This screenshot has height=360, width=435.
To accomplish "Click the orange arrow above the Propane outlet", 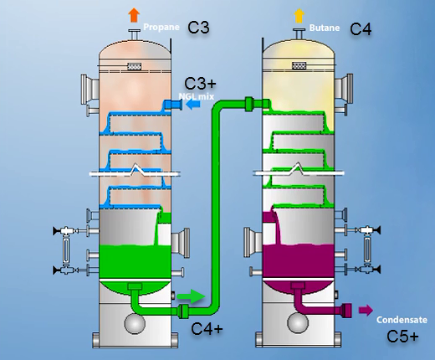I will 133,14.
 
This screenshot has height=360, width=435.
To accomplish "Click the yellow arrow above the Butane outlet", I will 299,14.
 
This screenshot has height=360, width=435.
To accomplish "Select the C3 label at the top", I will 197,28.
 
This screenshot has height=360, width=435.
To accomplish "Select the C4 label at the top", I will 361,28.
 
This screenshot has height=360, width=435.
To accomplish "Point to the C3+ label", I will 201,83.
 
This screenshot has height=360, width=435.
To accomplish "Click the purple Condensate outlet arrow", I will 366,311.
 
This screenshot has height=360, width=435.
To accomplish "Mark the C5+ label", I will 402,337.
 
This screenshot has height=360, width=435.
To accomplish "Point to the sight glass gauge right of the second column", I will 366,249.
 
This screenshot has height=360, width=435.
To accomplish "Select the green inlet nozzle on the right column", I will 253,104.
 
